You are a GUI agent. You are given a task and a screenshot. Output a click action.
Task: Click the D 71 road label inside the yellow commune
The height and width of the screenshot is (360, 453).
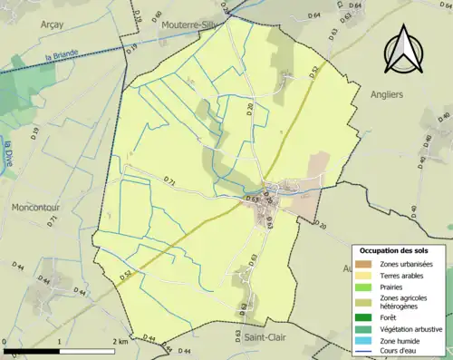171,180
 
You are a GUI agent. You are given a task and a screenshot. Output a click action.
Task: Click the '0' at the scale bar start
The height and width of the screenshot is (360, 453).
5,341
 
